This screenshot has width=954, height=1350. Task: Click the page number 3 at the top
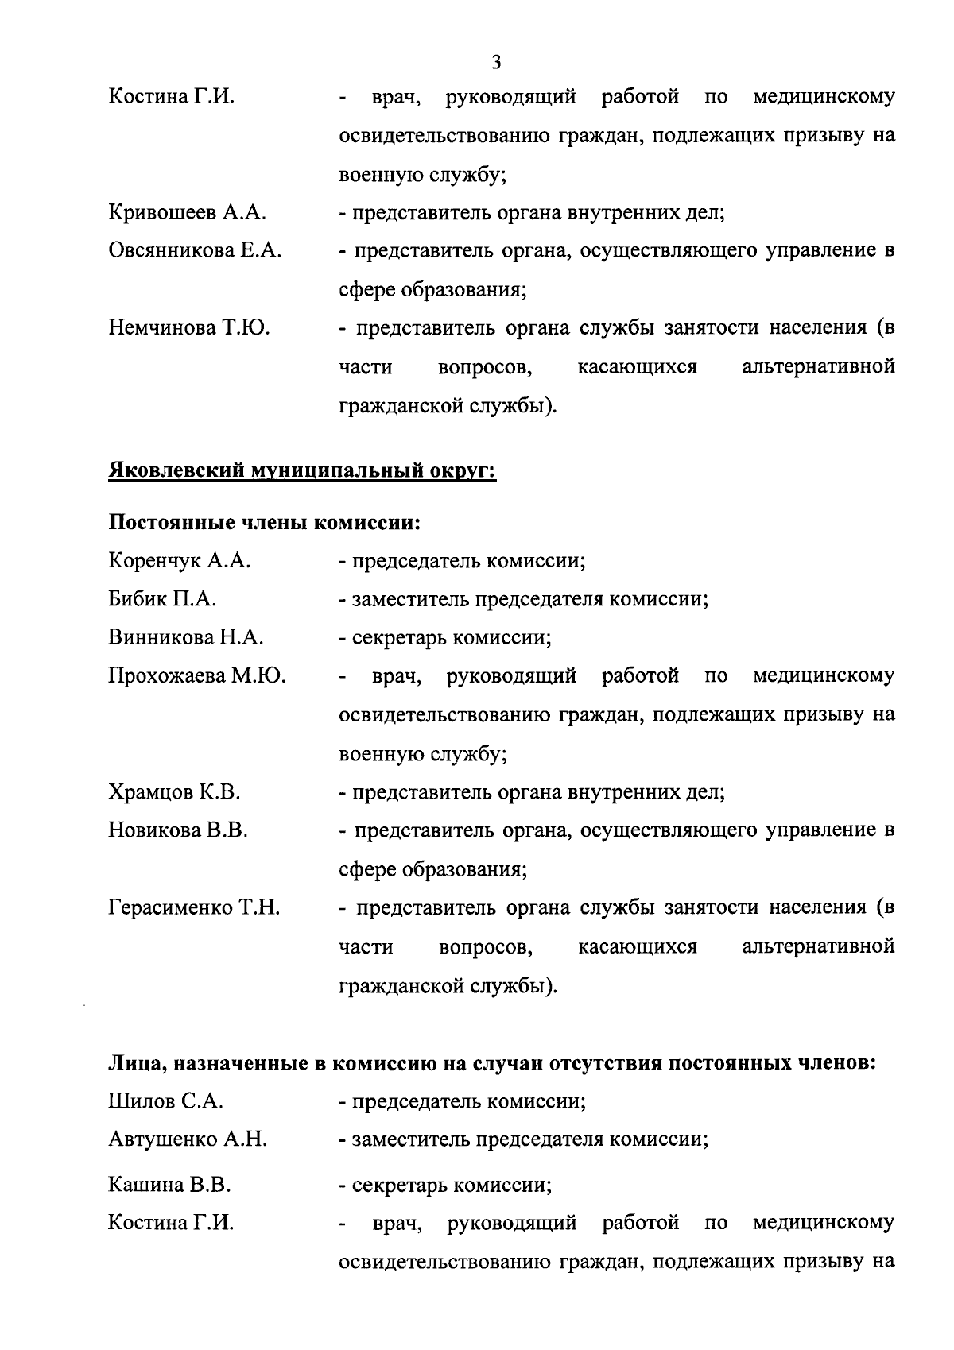[496, 61]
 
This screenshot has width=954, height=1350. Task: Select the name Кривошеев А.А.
[187, 213]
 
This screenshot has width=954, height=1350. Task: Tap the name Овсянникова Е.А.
[195, 251]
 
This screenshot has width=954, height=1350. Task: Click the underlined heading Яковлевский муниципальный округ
[302, 472]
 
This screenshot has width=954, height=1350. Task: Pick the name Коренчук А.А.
[180, 561]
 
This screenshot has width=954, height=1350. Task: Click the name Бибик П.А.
[162, 599]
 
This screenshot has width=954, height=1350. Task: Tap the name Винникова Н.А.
[186, 637]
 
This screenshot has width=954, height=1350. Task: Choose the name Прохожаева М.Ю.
[197, 676]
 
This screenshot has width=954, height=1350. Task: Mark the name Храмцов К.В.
[174, 792]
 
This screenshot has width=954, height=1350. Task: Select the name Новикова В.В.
[178, 830]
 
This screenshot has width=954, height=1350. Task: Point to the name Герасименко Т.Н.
[194, 907]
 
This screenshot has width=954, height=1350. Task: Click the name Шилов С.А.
[165, 1101]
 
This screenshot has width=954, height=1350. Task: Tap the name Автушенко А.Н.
[188, 1139]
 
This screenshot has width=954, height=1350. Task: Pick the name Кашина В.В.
[169, 1186]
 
